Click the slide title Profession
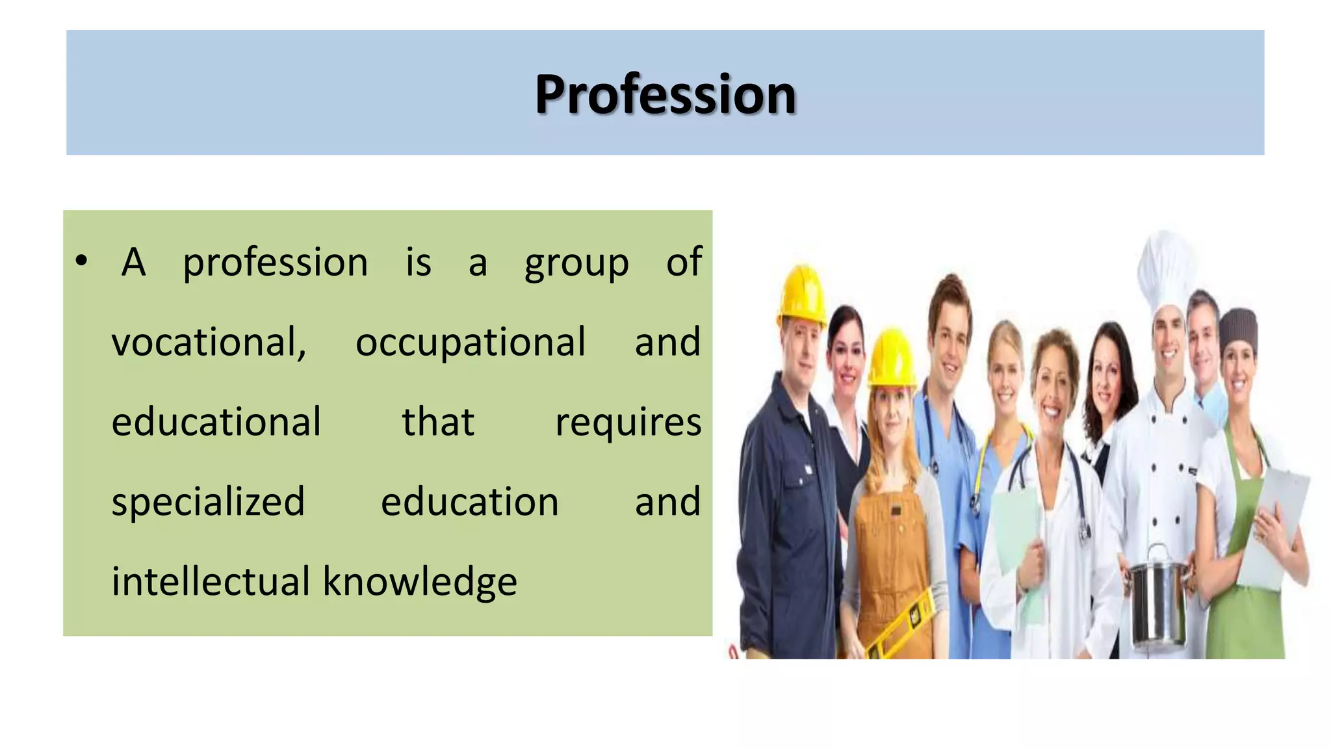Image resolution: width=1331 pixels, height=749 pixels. pos(665,95)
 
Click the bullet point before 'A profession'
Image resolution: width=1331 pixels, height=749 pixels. pos(81,261)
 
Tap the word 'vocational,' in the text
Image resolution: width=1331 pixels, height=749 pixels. pos(209,342)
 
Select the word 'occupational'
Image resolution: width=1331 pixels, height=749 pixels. pos(471,342)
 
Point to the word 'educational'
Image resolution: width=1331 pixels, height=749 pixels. pos(216,422)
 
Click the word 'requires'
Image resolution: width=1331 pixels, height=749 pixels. pos(628,422)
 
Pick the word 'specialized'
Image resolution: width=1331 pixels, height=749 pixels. pos(208,502)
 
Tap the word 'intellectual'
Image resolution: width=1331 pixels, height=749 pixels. pos(211,581)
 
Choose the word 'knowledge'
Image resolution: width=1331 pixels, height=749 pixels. pos(420,581)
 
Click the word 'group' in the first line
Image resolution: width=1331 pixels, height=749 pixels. pos(576,263)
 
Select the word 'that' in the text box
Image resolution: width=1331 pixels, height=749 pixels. pos(438,422)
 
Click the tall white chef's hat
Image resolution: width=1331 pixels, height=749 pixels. pos(1167,270)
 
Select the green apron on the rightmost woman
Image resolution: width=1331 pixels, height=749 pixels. pos(1245,585)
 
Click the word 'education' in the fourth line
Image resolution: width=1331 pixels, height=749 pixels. pos(469,502)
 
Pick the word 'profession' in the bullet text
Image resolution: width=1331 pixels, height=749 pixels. pos(275,263)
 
